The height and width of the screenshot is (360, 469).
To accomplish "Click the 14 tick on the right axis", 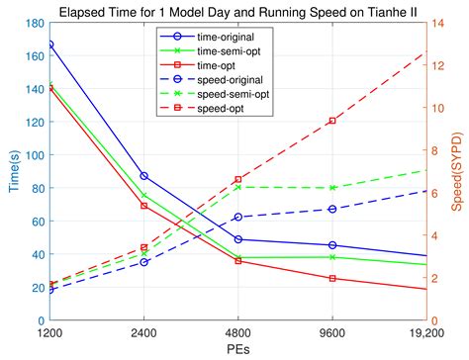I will coord(441,23).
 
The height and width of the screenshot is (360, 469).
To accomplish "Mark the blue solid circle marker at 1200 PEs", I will coord(49,45).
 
